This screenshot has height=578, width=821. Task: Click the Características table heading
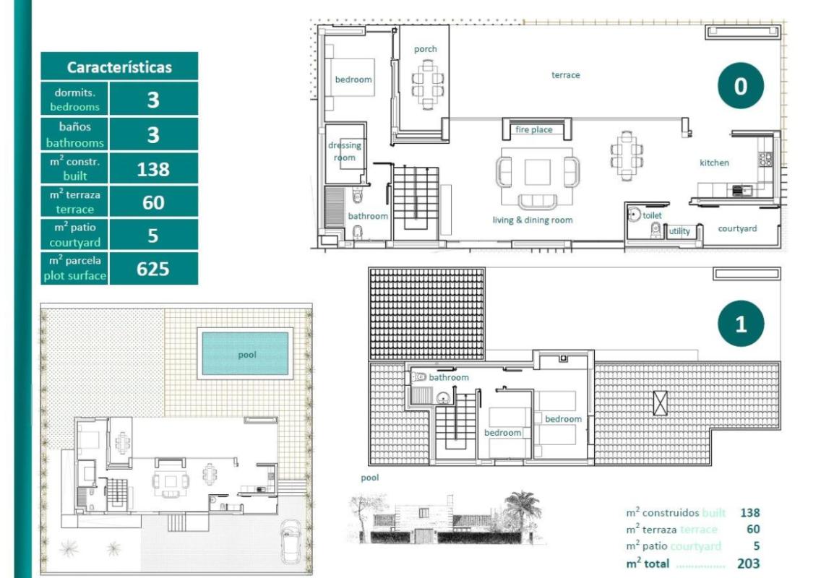click(x=119, y=67)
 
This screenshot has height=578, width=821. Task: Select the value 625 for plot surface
click(x=153, y=269)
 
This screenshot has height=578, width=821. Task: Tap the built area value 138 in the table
click(x=153, y=169)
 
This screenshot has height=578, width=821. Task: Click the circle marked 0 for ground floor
click(x=740, y=86)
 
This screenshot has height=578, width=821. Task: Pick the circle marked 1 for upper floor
click(x=740, y=324)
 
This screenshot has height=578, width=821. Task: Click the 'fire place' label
click(x=533, y=130)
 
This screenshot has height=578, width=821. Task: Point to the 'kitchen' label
click(x=714, y=163)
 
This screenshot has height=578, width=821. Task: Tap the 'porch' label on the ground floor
click(x=426, y=49)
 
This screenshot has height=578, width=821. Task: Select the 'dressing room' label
click(x=345, y=151)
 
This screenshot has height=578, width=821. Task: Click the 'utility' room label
click(x=679, y=231)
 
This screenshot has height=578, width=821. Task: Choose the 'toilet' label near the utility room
click(x=652, y=215)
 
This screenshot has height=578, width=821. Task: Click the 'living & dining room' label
click(x=533, y=220)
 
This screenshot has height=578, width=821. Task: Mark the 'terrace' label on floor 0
click(x=565, y=75)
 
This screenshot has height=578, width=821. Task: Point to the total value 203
click(x=749, y=564)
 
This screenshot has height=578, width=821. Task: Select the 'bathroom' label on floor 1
click(x=449, y=377)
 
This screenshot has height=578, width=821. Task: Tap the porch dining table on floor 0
click(x=429, y=84)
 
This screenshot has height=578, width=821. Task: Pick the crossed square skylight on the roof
click(x=660, y=402)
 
